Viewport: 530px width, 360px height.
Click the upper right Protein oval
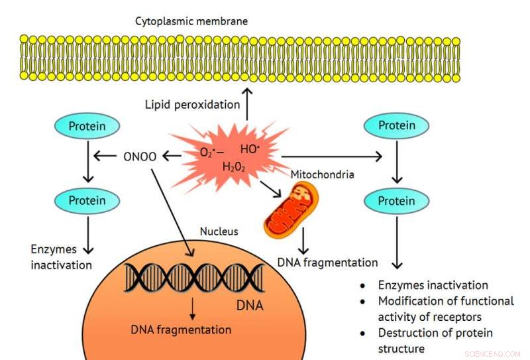[x=396, y=125]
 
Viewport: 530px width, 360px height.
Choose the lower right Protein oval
[x=396, y=200]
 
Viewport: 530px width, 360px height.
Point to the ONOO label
[x=138, y=156]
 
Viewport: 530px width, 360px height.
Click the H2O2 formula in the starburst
[x=233, y=166]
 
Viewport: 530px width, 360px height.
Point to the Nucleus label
[x=219, y=232]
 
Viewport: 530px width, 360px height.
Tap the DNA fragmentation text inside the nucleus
[x=181, y=330]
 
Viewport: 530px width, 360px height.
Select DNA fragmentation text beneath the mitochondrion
[x=328, y=263]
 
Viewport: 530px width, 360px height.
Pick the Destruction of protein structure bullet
[x=434, y=340]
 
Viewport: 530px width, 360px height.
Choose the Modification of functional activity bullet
[x=445, y=308]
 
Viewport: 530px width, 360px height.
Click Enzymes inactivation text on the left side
[x=61, y=257]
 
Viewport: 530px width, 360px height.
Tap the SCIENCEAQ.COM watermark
[x=494, y=354]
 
